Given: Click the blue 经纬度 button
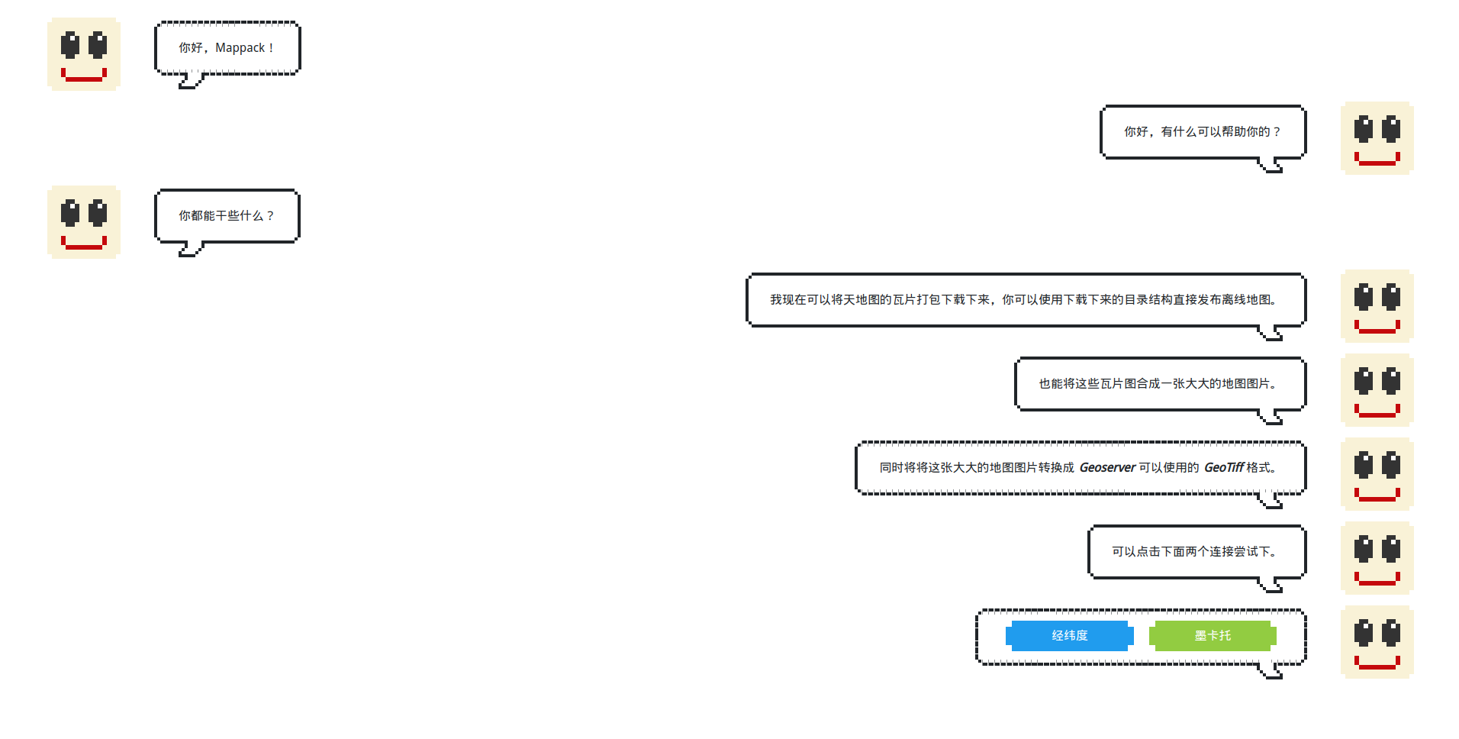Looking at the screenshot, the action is [x=1069, y=635].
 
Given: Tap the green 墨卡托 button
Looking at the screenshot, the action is [x=1213, y=635].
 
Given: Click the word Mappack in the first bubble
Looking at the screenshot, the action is [x=240, y=47].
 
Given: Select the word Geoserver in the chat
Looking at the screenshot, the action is [x=1107, y=467].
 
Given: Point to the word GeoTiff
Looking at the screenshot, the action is [x=1224, y=467].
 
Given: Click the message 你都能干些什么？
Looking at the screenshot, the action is [x=227, y=216].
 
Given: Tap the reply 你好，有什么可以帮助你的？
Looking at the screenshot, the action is [x=1202, y=131].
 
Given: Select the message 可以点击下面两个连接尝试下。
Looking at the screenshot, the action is [x=1196, y=551].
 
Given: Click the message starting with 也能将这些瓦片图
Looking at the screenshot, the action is [x=1159, y=383].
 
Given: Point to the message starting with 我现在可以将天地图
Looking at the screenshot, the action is [x=1025, y=299].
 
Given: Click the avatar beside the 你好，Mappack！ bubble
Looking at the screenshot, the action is [x=84, y=54].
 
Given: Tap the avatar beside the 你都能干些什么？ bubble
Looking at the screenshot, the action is [x=84, y=222].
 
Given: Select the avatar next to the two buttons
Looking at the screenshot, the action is [x=1377, y=642].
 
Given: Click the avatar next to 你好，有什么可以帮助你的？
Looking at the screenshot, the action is [x=1377, y=138].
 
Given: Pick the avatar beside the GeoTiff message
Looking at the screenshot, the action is [x=1377, y=474].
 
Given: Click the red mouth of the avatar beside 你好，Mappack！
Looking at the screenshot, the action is [x=84, y=76].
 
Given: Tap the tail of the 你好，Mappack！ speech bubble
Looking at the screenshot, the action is [x=189, y=81].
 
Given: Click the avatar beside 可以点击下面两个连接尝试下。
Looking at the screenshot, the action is [x=1377, y=558].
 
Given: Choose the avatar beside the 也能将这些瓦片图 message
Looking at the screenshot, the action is [x=1377, y=390].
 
